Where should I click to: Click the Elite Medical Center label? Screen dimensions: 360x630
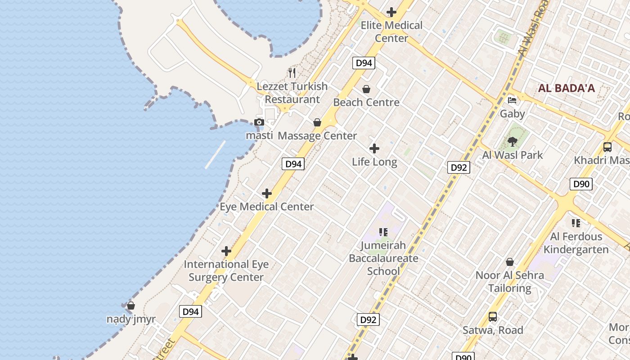pyautogui.click(x=391, y=31)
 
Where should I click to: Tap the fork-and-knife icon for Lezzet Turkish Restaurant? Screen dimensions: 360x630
pyautogui.click(x=292, y=72)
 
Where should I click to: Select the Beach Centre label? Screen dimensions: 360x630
pyautogui.click(x=366, y=102)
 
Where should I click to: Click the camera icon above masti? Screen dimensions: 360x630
pyautogui.click(x=259, y=122)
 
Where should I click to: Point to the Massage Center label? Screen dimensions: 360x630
pyautogui.click(x=317, y=135)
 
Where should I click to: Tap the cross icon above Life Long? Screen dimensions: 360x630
pyautogui.click(x=374, y=148)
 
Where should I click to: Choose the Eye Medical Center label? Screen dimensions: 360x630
pyautogui.click(x=267, y=207)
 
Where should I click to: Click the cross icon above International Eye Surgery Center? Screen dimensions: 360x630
pyautogui.click(x=226, y=251)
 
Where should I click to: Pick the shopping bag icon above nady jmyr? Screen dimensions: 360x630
pyautogui.click(x=131, y=306)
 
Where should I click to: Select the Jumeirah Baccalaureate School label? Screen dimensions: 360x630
pyautogui.click(x=383, y=258)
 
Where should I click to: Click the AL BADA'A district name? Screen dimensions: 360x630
pyautogui.click(x=566, y=88)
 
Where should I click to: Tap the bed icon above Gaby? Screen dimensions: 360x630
pyautogui.click(x=512, y=100)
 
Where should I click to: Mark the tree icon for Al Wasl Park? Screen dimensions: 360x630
pyautogui.click(x=512, y=142)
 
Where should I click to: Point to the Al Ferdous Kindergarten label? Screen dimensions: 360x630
pyautogui.click(x=576, y=243)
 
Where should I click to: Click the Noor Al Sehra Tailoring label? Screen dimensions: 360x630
pyautogui.click(x=510, y=281)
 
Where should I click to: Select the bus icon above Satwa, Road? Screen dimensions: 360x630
pyautogui.click(x=493, y=317)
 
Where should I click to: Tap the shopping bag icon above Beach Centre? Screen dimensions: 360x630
pyautogui.click(x=366, y=89)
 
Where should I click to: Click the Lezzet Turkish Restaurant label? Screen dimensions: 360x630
pyautogui.click(x=292, y=93)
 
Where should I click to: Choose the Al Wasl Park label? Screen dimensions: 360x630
pyautogui.click(x=513, y=155)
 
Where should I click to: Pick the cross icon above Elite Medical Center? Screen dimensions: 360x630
pyautogui.click(x=391, y=12)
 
